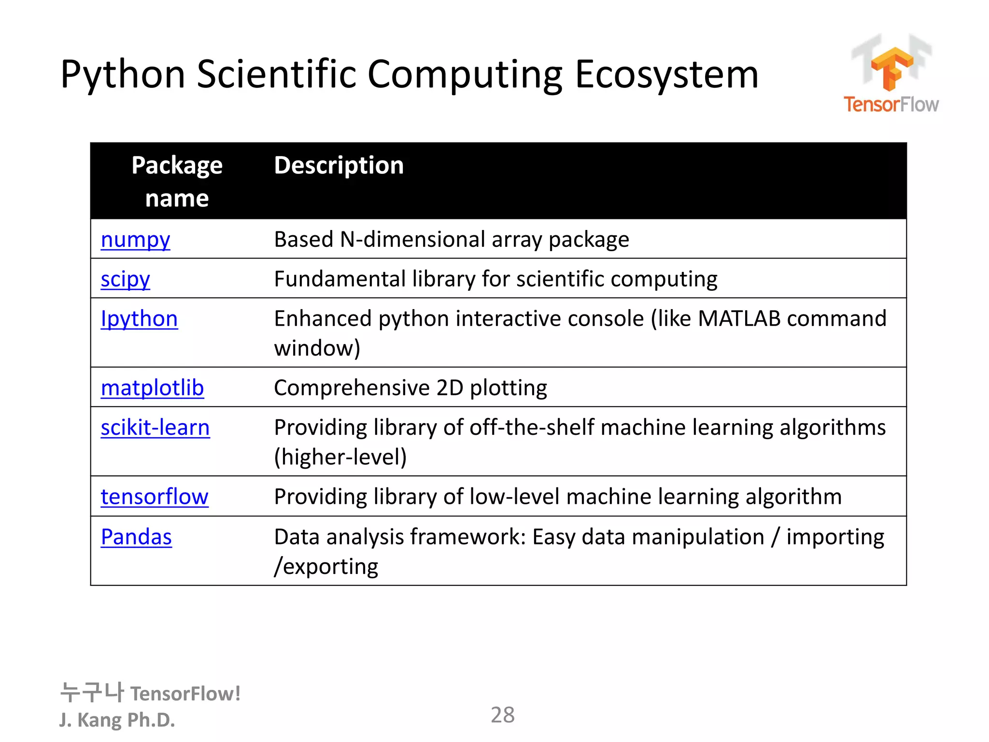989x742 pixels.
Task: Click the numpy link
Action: point(135,240)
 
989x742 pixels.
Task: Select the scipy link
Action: point(125,280)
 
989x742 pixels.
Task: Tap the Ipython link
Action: point(139,319)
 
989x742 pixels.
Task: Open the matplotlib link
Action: point(152,388)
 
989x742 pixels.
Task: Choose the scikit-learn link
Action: point(155,428)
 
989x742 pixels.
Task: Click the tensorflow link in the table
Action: point(155,497)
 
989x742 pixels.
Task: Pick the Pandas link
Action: point(136,537)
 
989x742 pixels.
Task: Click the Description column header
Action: point(339,166)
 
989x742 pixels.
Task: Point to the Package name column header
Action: point(177,182)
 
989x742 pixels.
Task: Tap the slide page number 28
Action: point(502,715)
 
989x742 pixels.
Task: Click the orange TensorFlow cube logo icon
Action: point(891,68)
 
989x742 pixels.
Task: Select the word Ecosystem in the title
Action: point(666,75)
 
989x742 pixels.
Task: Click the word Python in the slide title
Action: point(123,75)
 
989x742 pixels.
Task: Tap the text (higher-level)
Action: point(340,457)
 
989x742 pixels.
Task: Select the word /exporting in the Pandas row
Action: point(326,567)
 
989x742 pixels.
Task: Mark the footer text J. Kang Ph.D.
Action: point(117,720)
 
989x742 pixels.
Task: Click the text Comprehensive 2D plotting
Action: point(410,388)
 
